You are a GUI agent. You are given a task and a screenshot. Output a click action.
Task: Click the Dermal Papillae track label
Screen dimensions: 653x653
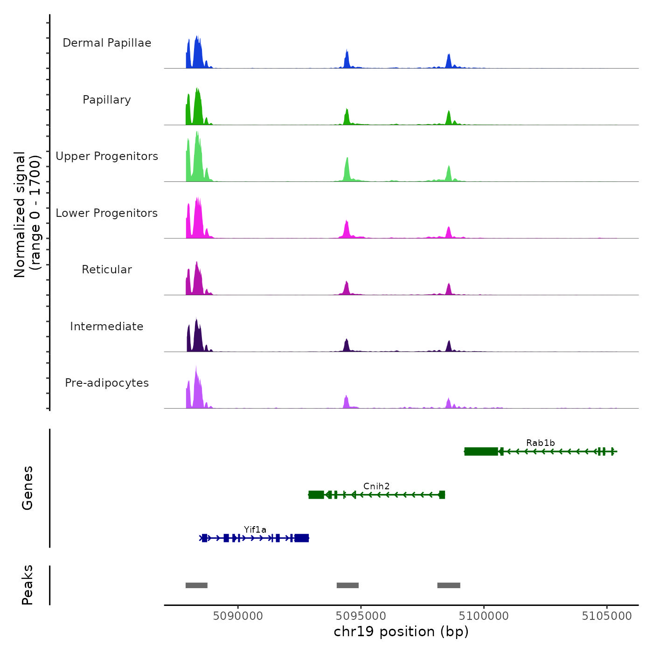(x=107, y=43)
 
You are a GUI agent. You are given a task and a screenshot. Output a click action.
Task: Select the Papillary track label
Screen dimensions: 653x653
(x=107, y=100)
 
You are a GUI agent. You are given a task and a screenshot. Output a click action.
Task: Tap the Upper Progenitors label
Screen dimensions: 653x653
(x=107, y=156)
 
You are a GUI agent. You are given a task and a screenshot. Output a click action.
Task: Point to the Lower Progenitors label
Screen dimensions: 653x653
(x=107, y=213)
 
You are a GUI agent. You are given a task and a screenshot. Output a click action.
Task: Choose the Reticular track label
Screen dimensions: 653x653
(x=107, y=270)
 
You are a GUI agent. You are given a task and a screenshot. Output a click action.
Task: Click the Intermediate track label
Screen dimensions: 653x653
(x=107, y=326)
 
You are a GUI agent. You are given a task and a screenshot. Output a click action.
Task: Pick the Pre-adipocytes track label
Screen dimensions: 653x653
(x=107, y=383)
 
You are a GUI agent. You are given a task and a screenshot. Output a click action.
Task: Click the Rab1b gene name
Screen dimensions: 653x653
(x=540, y=443)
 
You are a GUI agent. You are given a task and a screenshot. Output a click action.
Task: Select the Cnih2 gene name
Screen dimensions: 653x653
(x=376, y=486)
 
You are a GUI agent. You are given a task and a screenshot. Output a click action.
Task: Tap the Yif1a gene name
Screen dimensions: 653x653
(x=255, y=529)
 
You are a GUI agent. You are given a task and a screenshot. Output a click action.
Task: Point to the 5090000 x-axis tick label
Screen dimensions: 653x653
(x=238, y=616)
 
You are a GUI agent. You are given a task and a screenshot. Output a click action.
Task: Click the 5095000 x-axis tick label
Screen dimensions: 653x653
(x=361, y=616)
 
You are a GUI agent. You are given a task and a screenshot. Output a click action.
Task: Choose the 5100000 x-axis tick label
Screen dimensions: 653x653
(x=484, y=616)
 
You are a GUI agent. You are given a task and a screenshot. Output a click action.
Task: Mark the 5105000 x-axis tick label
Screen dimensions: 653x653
(x=607, y=616)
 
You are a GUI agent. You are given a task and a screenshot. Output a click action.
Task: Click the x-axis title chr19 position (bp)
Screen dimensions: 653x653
(x=401, y=632)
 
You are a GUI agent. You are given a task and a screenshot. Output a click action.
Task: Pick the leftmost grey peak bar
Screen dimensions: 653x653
(x=196, y=585)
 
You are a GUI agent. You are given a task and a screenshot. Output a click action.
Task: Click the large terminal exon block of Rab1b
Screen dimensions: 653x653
(x=481, y=451)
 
